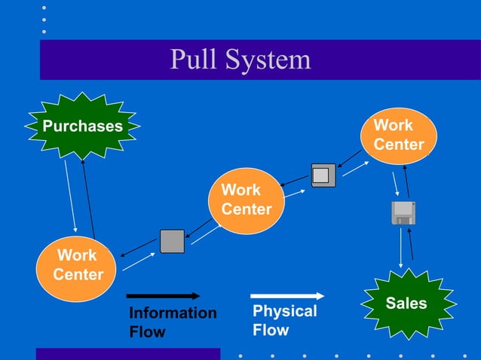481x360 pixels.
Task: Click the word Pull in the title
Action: [193, 59]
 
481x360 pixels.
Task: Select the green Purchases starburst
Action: [82, 126]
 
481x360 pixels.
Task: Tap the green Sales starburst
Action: [406, 304]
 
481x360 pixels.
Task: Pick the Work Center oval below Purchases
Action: [78, 266]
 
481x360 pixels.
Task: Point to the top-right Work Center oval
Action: [399, 135]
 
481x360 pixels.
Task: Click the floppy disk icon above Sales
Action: [403, 213]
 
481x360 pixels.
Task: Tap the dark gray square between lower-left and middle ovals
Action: [172, 241]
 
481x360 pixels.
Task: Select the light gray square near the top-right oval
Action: [323, 175]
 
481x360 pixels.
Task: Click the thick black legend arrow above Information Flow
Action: [163, 296]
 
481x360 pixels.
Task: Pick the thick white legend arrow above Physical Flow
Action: [287, 296]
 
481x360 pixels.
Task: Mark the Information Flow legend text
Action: [172, 322]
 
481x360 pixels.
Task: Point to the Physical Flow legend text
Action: [284, 321]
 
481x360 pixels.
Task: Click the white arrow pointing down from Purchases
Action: [70, 195]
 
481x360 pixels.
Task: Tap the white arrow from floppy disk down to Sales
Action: [399, 246]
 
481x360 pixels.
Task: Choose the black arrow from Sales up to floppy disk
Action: [411, 245]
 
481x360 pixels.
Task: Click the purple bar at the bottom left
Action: [128, 353]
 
